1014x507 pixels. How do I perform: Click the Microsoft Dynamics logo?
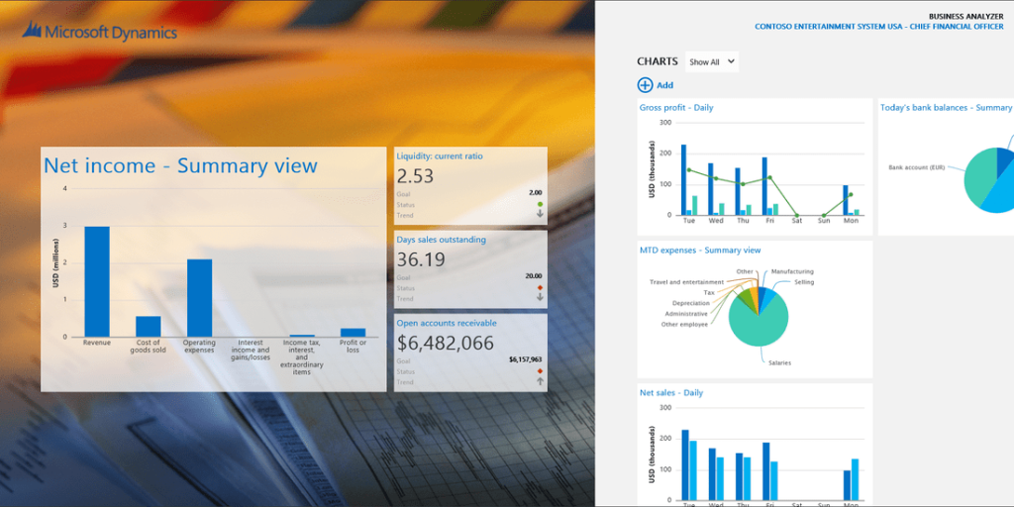coord(99,33)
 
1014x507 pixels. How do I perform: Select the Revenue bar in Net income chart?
coord(97,282)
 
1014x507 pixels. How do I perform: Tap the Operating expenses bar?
coord(199,297)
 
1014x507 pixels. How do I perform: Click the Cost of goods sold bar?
coord(149,327)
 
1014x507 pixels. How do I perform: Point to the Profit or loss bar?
coord(353,333)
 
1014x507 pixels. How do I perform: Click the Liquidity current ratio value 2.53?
coord(415,176)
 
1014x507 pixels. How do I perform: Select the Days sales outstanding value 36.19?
coord(421,259)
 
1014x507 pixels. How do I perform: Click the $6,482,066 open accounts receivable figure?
coord(445,343)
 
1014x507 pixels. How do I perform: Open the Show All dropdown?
coord(712,61)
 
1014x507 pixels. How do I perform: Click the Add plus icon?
coord(646,85)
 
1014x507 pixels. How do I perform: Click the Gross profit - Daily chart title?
coord(676,108)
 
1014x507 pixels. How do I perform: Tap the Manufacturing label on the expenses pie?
coord(792,271)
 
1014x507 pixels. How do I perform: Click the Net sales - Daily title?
coord(671,393)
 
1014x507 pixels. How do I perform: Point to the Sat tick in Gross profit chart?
coord(797,221)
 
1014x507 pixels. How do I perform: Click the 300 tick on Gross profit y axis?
coord(665,123)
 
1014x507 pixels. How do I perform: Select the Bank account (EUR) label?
coord(922,167)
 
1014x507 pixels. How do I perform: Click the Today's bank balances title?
coord(946,108)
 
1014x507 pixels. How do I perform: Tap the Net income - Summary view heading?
coord(180,165)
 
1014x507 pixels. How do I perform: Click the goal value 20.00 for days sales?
coord(533,275)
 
